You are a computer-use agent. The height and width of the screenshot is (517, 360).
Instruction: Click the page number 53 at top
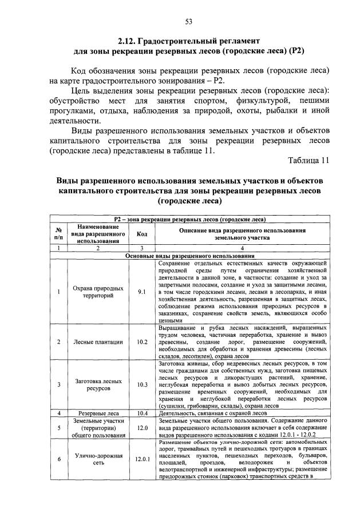(x=188, y=22)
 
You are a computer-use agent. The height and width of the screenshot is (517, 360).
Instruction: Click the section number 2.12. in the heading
(x=129, y=41)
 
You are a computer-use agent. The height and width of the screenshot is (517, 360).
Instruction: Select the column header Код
(x=142, y=233)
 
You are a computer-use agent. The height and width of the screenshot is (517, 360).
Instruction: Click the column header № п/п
(x=58, y=233)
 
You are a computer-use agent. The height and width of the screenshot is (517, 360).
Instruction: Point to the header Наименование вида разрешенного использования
(x=98, y=233)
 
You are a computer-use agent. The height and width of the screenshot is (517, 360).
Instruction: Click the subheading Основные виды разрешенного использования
(x=189, y=256)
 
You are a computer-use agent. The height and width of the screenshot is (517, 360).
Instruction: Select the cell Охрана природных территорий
(x=98, y=292)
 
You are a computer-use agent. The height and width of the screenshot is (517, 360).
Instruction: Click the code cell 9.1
(x=142, y=292)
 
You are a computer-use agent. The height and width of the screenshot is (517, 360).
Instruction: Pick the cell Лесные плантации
(x=98, y=342)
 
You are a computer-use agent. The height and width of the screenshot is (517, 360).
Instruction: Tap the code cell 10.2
(x=142, y=342)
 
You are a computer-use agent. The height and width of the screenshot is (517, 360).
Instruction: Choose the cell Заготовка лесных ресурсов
(x=98, y=384)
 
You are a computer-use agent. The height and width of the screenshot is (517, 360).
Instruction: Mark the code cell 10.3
(x=142, y=384)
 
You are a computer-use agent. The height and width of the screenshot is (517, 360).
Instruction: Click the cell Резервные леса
(x=98, y=412)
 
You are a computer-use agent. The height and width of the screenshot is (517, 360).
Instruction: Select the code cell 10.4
(x=142, y=412)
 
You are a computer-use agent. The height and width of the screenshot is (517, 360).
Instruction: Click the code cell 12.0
(x=142, y=427)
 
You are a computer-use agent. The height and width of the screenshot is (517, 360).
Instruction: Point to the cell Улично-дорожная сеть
(x=98, y=459)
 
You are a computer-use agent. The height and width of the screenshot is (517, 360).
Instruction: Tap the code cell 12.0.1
(x=142, y=459)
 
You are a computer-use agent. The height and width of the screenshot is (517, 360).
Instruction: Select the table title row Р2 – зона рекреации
(x=189, y=219)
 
